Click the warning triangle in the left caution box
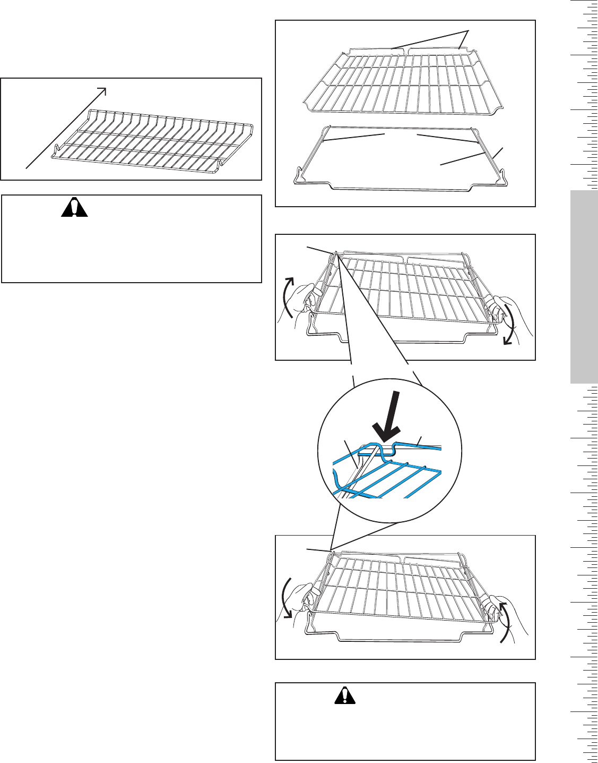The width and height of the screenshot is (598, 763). pos(74,208)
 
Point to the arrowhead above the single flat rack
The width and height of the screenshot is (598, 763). pos(103,90)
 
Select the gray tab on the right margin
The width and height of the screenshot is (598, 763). pos(584,287)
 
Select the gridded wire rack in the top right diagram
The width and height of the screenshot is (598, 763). pos(403,80)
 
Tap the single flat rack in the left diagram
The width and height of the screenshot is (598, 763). pos(154,141)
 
